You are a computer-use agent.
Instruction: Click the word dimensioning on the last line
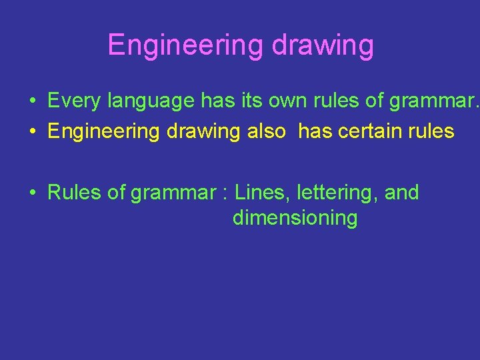pos(295,218)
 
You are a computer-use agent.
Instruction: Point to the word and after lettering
pos(402,193)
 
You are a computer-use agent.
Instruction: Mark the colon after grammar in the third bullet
pos(226,194)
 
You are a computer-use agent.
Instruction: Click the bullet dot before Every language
pos(32,102)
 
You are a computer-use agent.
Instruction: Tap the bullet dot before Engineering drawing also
pos(32,132)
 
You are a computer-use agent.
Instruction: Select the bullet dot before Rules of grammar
pos(32,193)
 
